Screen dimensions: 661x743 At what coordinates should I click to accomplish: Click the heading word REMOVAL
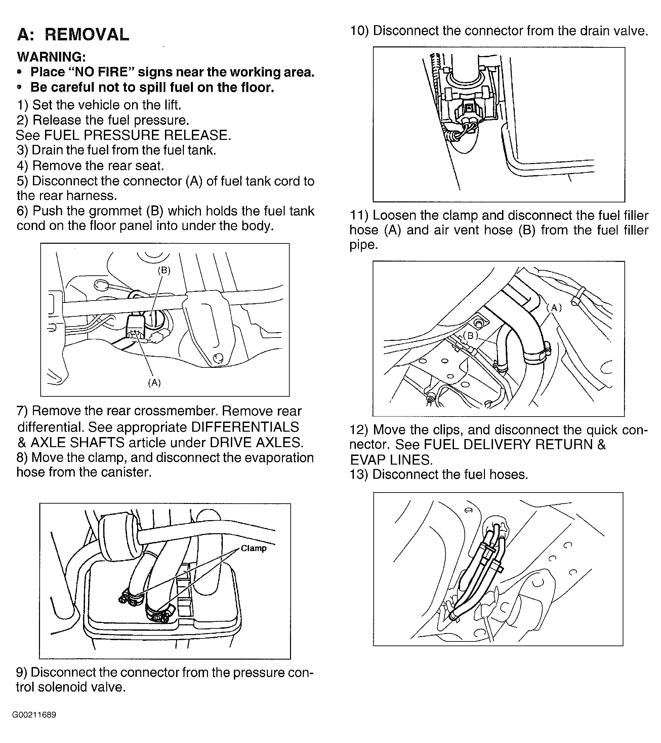pos(87,35)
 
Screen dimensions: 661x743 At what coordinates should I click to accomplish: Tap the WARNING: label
pos(51,57)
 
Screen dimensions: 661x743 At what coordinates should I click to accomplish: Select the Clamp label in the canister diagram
pos(254,548)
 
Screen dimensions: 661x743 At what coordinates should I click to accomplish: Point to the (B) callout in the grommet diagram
pos(164,270)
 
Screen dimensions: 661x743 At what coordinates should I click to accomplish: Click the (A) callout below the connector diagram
pos(155,382)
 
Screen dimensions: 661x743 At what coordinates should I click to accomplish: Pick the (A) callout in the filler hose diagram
pos(554,308)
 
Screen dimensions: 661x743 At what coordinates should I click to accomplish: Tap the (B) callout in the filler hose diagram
pos(470,336)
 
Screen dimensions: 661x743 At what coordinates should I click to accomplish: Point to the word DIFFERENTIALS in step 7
pos(245,427)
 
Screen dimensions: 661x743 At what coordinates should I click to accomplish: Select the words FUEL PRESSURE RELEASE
pos(137,135)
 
